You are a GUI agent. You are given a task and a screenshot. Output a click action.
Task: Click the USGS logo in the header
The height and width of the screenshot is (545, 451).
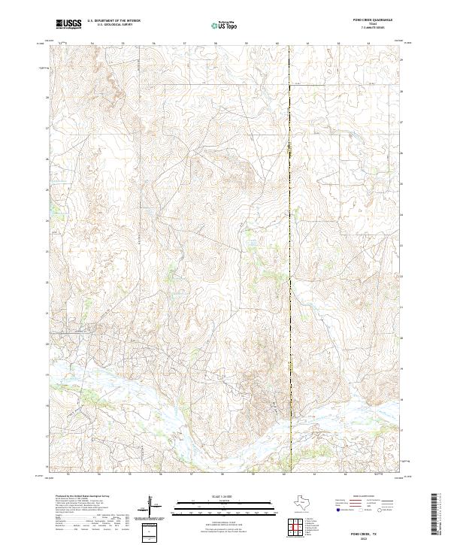pos(68,24)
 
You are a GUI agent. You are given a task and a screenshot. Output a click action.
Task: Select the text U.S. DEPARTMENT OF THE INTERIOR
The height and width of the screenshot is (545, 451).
pos(114,21)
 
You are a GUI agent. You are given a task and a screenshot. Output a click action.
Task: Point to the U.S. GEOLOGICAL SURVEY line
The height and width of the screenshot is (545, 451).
pos(114,25)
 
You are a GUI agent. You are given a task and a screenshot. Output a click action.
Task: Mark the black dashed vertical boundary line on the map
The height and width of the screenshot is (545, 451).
pos(290,226)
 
